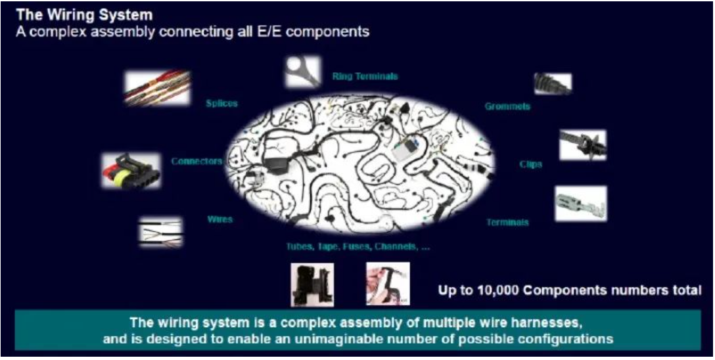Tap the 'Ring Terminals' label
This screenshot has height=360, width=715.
[x=365, y=76]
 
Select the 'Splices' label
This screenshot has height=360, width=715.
[x=221, y=103]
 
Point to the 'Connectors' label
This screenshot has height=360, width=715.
[x=196, y=161]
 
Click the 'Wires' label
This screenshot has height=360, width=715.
[x=220, y=219]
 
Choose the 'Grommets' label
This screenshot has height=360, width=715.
[x=508, y=106]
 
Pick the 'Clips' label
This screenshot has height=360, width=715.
[x=530, y=164]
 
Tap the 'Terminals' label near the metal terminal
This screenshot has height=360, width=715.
[x=507, y=222]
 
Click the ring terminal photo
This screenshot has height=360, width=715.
[x=303, y=72]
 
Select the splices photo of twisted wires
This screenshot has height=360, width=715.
[x=157, y=89]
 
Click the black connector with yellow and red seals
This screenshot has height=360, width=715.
[x=131, y=171]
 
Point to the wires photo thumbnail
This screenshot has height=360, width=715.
[x=160, y=232]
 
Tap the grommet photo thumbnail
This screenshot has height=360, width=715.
[x=553, y=83]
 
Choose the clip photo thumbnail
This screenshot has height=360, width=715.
[x=582, y=145]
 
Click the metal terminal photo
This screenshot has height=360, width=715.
[x=580, y=203]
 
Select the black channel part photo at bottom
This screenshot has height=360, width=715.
[x=312, y=284]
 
